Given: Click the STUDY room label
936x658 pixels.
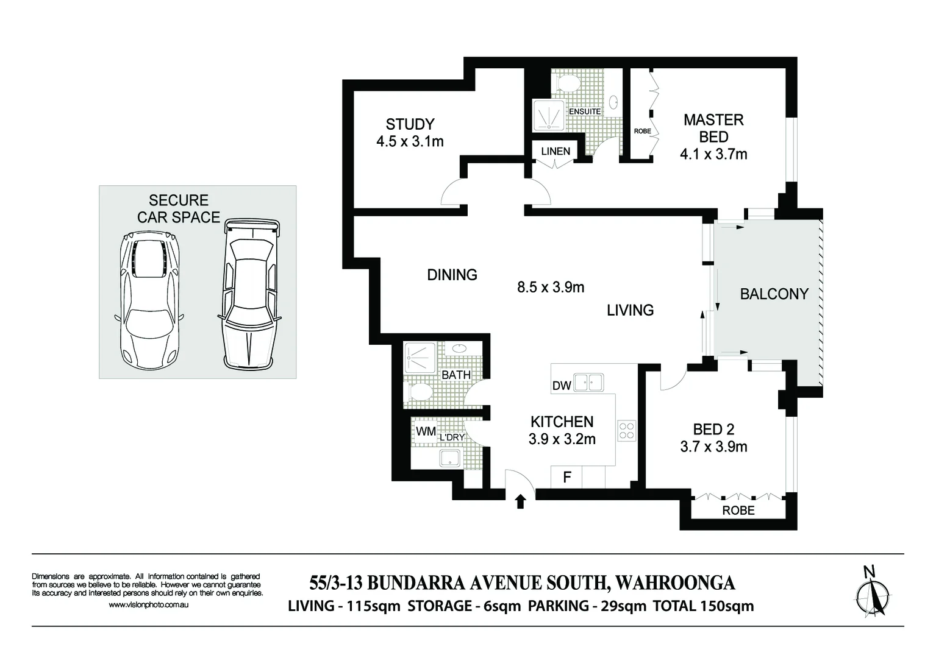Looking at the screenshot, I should [410, 124].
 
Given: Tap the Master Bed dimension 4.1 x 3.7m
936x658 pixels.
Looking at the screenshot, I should [713, 154].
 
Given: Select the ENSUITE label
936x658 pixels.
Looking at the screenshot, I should [585, 111].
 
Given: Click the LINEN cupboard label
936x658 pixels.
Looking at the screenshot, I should [556, 151].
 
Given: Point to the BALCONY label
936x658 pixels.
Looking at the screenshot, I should [774, 294].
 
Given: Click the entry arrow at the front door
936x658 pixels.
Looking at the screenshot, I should [520, 501].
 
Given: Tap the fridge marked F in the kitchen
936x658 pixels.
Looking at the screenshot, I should [566, 477].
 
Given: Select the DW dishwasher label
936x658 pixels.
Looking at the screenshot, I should [561, 385].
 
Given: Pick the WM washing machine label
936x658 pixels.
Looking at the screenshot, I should [426, 431].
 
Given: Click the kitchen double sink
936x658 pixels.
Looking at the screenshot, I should [588, 383].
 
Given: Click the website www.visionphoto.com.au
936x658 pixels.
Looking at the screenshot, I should [148, 605].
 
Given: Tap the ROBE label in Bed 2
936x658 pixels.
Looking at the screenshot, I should [738, 511].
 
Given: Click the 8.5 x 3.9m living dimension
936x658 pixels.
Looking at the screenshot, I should [551, 287].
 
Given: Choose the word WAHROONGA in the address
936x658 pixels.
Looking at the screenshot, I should [676, 583].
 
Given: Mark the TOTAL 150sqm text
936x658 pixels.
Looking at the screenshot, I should [703, 606].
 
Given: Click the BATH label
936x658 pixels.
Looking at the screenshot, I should [455, 375].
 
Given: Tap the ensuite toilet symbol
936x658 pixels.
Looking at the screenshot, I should [567, 83].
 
